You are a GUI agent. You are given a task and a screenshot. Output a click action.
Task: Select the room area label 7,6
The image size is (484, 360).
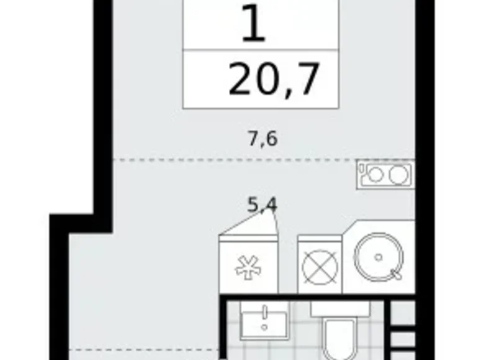coord(262,138)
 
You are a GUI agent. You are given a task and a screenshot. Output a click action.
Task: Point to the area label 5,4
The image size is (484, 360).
coord(262,205)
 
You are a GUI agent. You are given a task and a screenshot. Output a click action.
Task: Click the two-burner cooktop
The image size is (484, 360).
coord(385,175)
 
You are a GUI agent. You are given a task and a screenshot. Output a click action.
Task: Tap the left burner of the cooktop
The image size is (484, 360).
coord(374,175)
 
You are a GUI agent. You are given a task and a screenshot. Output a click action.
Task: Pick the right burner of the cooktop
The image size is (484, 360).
coord(397,175)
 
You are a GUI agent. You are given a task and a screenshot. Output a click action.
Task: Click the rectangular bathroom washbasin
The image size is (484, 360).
coord(264,323)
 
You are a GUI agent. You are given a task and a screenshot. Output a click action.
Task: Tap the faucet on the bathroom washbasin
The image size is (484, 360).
coord(264,310)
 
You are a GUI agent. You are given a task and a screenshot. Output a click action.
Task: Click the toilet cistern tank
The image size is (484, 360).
coord(340,309)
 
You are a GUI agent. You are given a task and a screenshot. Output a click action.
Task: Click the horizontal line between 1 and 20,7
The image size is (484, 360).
coord(261,51)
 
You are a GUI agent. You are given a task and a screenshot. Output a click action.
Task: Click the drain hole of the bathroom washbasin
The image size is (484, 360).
coord(264,326)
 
